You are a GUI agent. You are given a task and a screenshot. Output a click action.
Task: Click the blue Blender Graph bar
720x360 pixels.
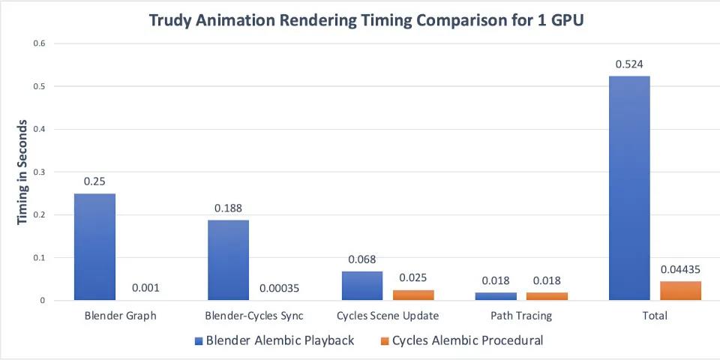coord(94,247)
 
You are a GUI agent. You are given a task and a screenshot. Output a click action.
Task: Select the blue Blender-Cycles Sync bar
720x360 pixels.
coord(228,260)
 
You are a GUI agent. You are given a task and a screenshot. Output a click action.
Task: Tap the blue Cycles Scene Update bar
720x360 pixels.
coord(361,286)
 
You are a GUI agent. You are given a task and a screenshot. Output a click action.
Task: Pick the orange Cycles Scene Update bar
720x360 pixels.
coord(413,295)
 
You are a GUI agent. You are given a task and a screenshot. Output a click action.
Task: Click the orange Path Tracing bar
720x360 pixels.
coord(547,296)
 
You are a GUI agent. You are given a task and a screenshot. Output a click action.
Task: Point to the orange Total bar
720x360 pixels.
coord(680,291)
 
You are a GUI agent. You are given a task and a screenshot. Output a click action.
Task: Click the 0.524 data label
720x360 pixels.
coord(628,64)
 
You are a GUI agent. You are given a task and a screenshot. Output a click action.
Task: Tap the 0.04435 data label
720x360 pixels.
coord(680,269)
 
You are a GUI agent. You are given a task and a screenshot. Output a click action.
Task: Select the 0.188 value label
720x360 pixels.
coord(228,208)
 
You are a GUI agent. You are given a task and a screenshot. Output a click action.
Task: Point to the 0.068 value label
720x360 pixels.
coord(361,259)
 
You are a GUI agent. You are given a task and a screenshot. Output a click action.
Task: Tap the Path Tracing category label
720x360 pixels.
coord(520,316)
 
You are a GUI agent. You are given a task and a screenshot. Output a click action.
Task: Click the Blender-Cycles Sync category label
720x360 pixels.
coord(254,316)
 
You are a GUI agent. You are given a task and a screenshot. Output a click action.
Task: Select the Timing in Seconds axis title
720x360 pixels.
coord(22,172)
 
